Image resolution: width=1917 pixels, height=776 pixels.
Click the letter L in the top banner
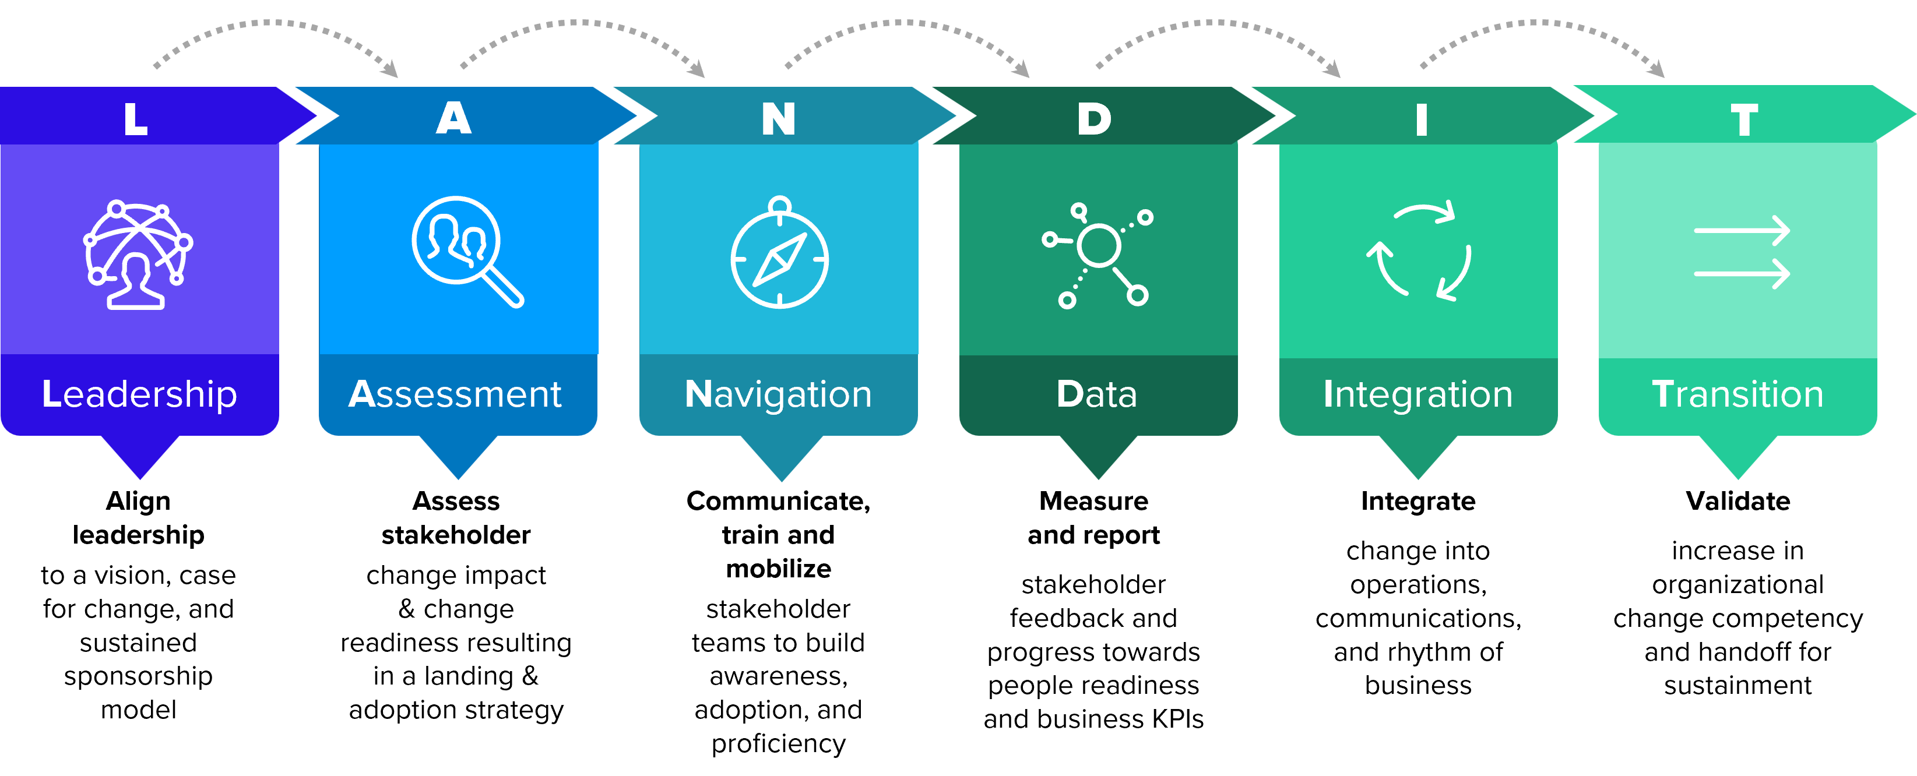tap(135, 119)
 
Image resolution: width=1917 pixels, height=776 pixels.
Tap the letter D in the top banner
tap(1094, 119)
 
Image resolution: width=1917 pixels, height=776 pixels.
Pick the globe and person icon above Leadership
tap(138, 253)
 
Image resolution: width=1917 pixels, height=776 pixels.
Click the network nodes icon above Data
tap(1098, 253)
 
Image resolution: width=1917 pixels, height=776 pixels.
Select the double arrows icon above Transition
tap(1742, 252)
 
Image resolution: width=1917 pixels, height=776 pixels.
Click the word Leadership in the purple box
tap(139, 394)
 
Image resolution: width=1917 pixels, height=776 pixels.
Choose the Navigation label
tap(778, 394)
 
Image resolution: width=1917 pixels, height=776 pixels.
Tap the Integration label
tap(1417, 394)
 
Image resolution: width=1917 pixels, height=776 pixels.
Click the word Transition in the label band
tap(1737, 394)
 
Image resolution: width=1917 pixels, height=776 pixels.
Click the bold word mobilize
tap(779, 569)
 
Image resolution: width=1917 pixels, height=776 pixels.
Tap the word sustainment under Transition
tap(1737, 685)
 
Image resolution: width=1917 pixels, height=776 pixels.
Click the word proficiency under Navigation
tap(779, 744)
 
